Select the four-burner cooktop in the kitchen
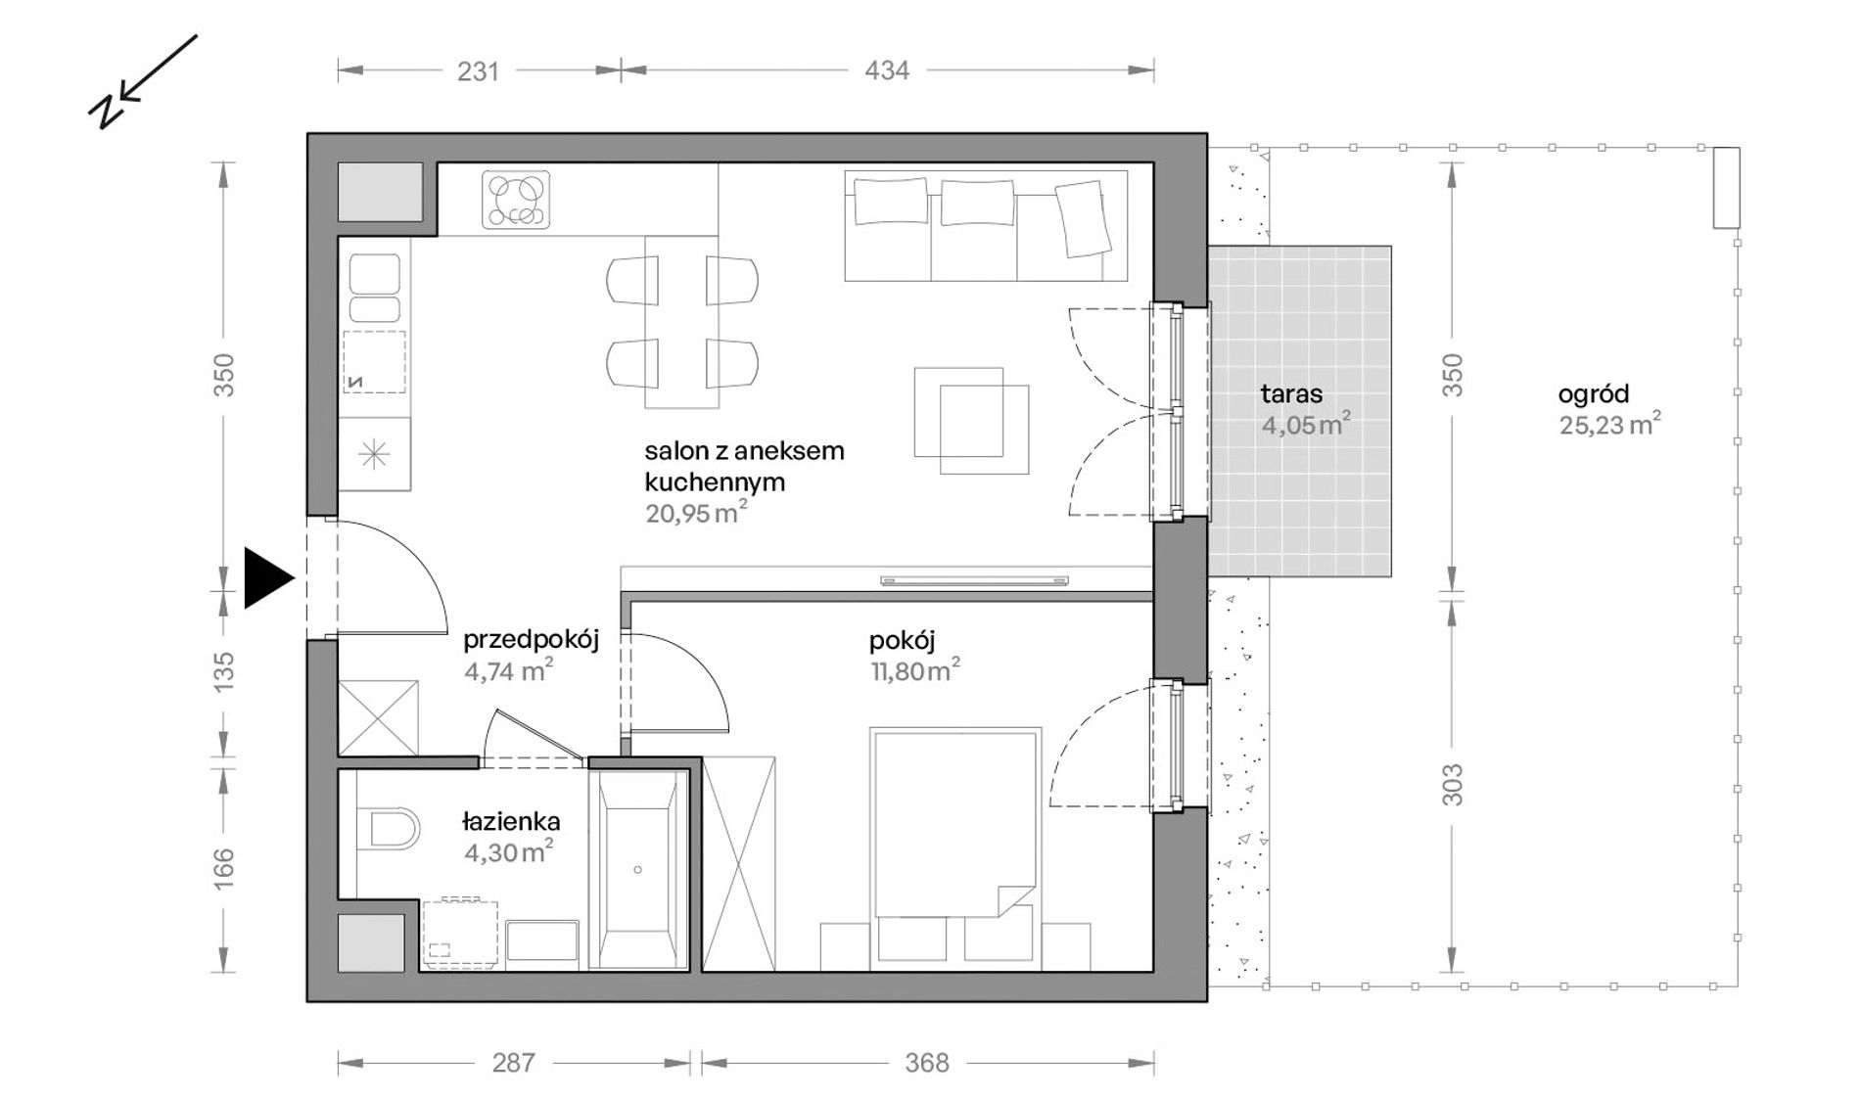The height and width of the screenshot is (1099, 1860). pos(516,201)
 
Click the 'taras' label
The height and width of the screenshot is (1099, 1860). pos(1291,394)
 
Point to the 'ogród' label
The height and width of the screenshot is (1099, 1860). pos(1594,394)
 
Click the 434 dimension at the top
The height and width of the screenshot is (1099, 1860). pos(887,70)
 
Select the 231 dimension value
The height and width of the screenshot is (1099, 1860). pos(478,70)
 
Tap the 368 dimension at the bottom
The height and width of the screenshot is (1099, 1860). pos(926,1063)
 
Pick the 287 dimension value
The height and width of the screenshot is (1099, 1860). pos(513,1063)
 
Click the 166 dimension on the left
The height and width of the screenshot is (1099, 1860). pos(224,869)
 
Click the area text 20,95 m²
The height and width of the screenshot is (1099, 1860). pos(696,513)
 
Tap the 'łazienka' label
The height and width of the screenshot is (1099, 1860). pos(511,822)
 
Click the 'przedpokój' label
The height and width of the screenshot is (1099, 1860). pos(531,640)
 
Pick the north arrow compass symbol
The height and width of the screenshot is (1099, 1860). pos(142,83)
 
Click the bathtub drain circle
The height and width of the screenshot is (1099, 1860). pos(637,869)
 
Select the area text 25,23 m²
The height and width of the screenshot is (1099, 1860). pos(1609,425)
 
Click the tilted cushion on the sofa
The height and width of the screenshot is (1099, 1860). pos(1083,220)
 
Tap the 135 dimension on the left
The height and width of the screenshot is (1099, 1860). pos(224,673)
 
